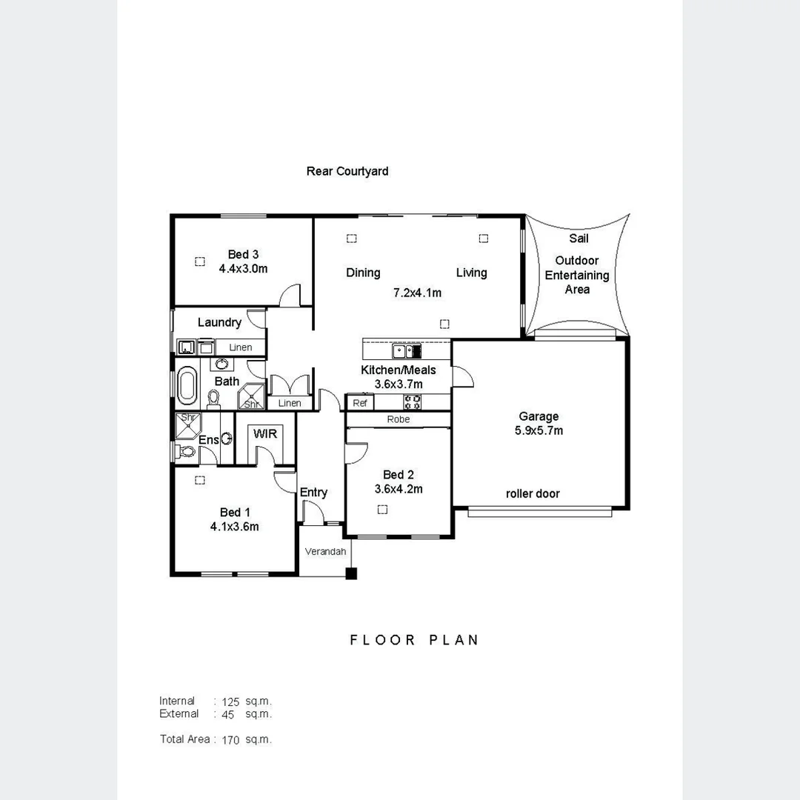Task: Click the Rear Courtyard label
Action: click(x=347, y=171)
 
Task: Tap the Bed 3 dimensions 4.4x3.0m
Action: click(x=243, y=269)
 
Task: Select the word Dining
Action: click(x=363, y=273)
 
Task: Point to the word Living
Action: click(x=471, y=273)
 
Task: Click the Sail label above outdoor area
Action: click(x=579, y=239)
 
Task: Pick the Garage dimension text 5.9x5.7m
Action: click(x=539, y=430)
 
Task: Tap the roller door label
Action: click(x=533, y=493)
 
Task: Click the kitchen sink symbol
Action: click(x=407, y=351)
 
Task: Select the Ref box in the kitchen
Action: click(x=360, y=403)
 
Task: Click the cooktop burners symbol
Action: click(x=413, y=402)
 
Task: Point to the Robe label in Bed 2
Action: click(x=398, y=419)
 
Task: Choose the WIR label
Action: click(x=265, y=433)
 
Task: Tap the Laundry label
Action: click(x=219, y=322)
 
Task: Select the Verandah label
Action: click(x=325, y=552)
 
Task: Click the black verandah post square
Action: click(x=351, y=573)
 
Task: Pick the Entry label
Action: click(x=313, y=493)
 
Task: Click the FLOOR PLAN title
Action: click(x=414, y=640)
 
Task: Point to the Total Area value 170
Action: click(x=230, y=739)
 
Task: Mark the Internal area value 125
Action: click(x=230, y=701)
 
